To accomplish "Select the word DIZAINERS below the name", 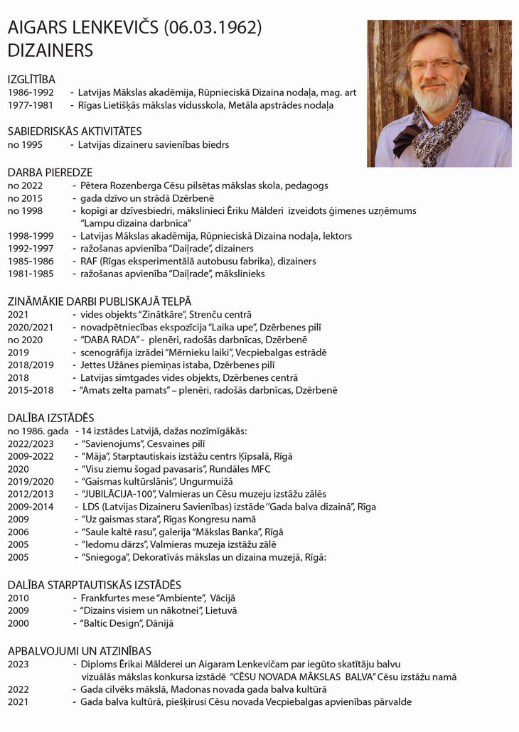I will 50,50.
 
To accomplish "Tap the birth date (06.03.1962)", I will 213,28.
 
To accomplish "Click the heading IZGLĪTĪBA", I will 31,79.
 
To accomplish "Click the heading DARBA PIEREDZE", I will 50,172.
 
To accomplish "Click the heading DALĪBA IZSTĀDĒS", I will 50,418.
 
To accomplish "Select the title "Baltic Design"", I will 113,624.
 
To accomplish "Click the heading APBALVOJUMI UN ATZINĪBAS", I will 79,651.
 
